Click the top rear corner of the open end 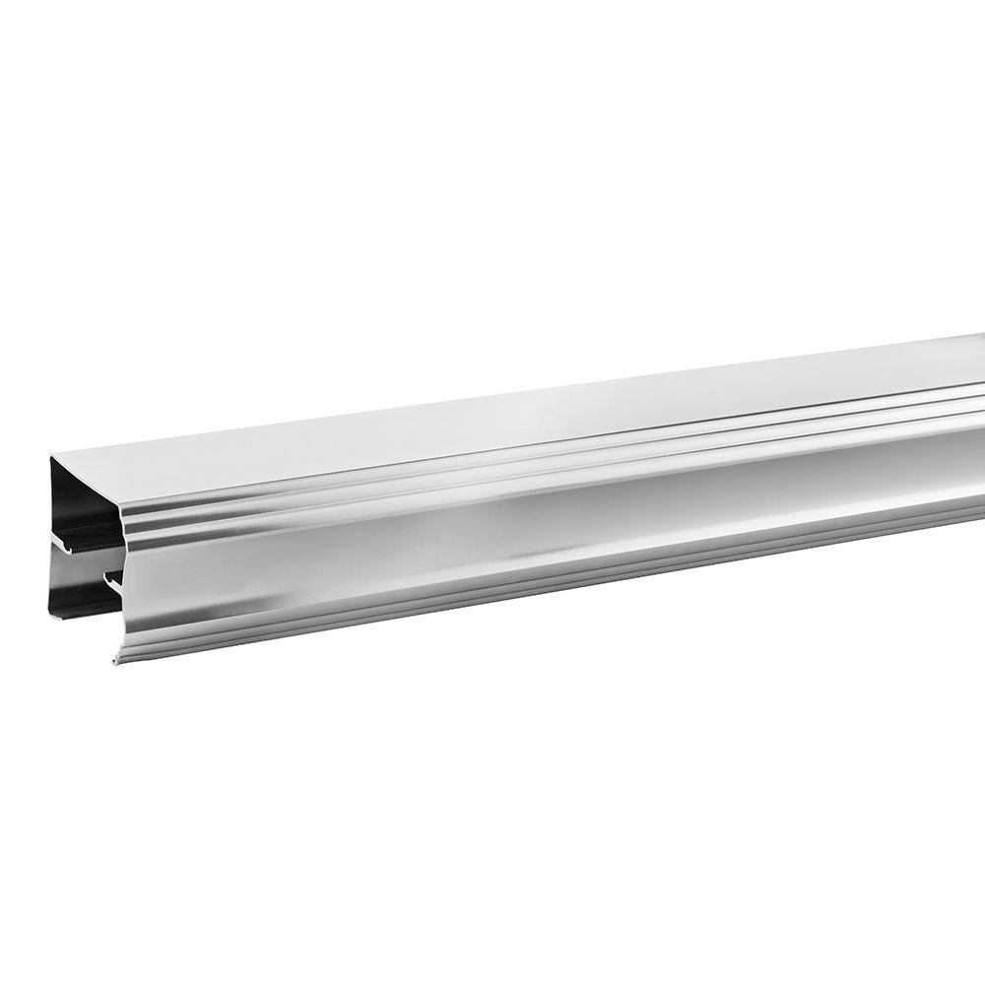tap(51, 455)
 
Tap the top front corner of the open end tap(120, 504)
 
